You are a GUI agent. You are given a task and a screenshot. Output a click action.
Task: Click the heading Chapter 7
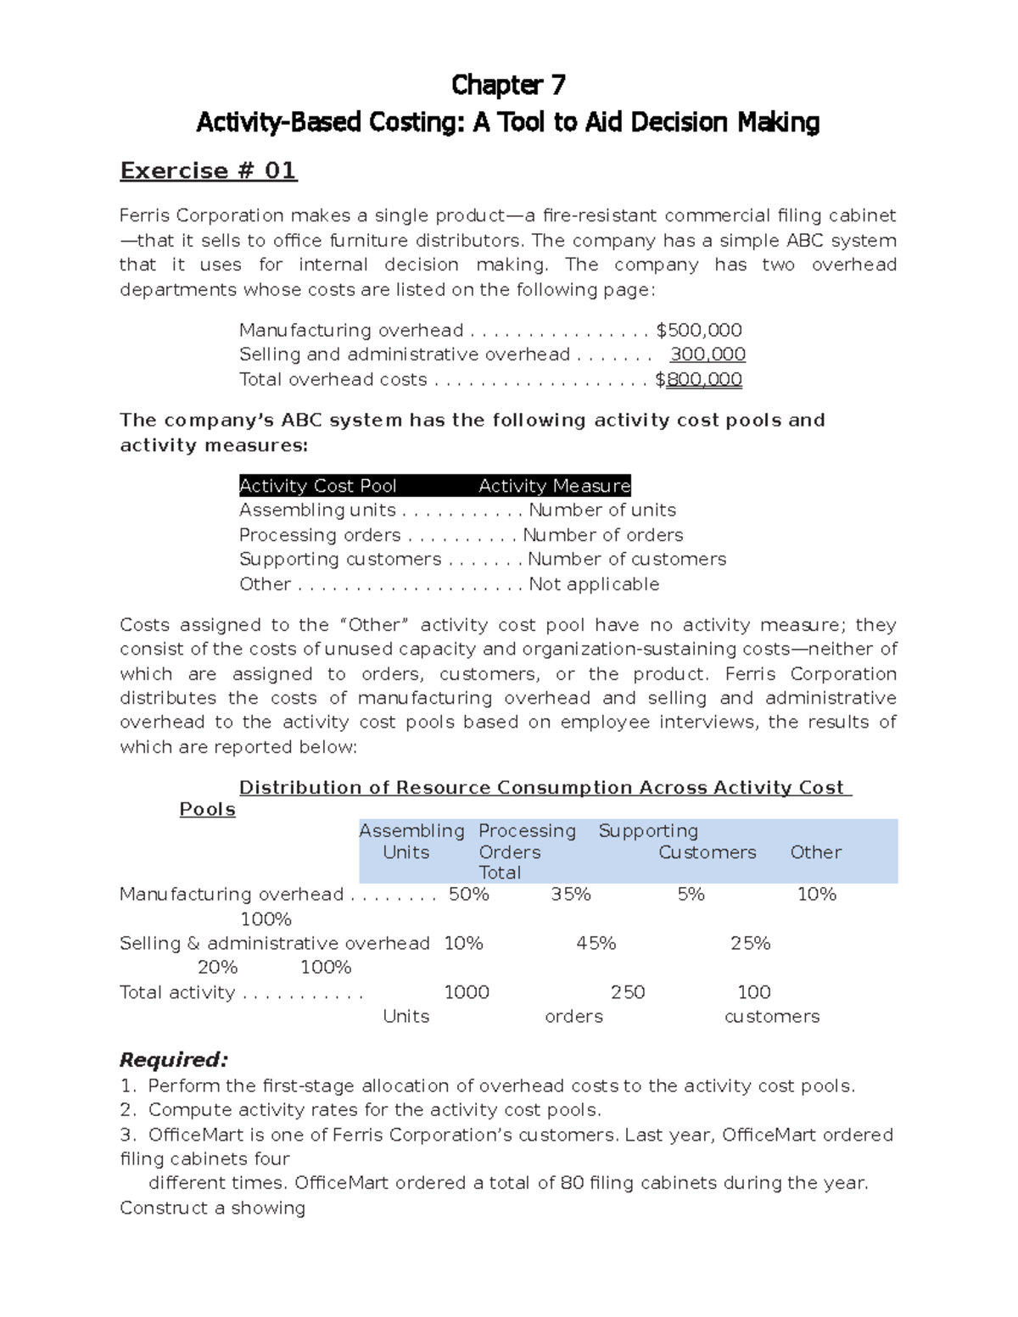(508, 85)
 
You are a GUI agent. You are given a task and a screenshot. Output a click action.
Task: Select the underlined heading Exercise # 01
(208, 171)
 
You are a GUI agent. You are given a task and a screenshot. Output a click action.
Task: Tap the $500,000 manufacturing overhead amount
(699, 330)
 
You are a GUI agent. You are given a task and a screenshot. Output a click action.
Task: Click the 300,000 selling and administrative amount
(708, 354)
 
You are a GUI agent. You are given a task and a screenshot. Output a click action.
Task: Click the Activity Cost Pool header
(318, 486)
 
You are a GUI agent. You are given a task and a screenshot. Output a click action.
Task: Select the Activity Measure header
(554, 486)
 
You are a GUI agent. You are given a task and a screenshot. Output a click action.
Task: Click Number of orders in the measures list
(602, 535)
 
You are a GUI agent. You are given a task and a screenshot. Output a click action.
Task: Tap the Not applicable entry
(594, 584)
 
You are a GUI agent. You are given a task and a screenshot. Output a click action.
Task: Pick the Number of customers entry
(627, 560)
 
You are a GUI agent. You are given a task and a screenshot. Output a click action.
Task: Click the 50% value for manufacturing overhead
(468, 895)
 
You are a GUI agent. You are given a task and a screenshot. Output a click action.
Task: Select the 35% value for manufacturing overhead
(571, 895)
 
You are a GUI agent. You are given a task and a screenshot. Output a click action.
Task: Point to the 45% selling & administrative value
(596, 944)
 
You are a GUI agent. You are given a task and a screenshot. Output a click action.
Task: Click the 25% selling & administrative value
(750, 944)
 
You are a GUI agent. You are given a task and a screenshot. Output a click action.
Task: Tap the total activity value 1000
(467, 993)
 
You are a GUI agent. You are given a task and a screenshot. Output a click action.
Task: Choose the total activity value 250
(628, 993)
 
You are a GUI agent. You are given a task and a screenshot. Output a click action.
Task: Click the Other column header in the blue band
(815, 852)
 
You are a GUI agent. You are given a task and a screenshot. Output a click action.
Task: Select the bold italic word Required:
(174, 1060)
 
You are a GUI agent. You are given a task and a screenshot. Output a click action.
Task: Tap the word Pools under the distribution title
(207, 810)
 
